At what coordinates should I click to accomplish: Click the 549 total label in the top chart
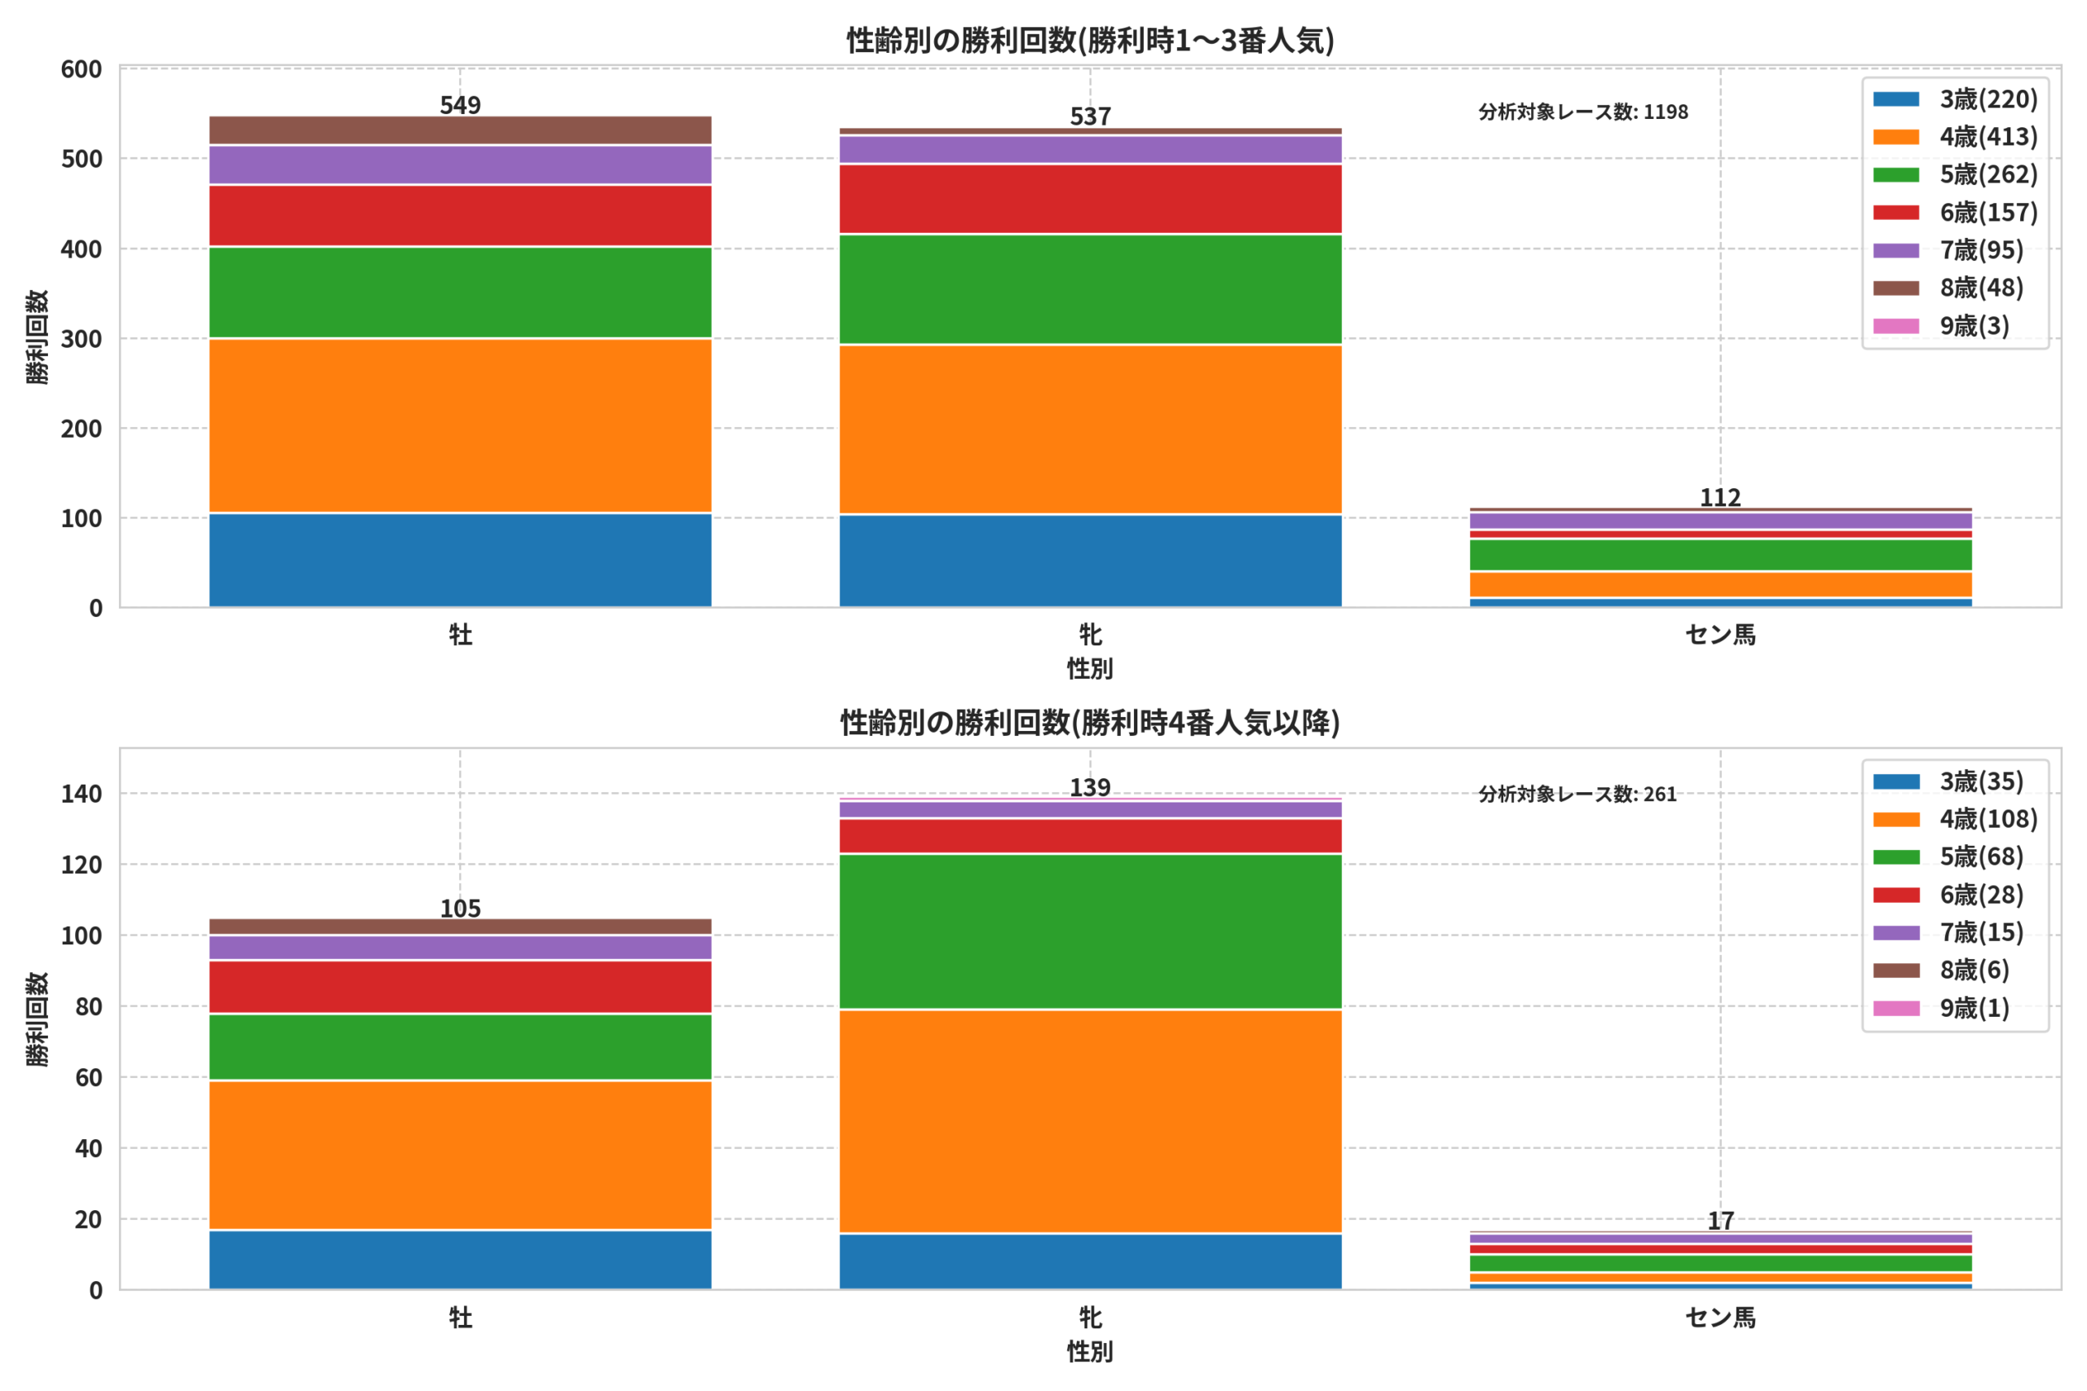coord(460,106)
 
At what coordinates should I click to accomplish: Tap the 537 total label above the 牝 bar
coord(1090,117)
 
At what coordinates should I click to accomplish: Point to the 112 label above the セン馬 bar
coord(1719,498)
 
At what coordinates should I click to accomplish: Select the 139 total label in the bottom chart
coord(1090,788)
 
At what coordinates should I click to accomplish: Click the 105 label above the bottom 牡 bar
coord(460,909)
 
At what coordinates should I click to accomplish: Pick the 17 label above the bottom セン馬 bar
coord(1720,1221)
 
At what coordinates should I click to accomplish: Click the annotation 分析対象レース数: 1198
coord(1583,112)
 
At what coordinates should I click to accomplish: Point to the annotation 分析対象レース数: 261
coord(1577,794)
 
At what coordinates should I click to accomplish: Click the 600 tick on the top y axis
coord(82,69)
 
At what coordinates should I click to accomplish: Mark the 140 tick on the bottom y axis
coord(82,794)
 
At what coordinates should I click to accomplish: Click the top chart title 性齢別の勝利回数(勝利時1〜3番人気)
coord(1090,40)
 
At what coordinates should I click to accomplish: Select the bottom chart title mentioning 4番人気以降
coord(1090,723)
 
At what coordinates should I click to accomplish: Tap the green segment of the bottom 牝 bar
coord(1090,931)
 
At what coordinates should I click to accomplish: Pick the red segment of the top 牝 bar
coord(1090,199)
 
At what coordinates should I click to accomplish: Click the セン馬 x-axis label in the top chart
coord(1719,635)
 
